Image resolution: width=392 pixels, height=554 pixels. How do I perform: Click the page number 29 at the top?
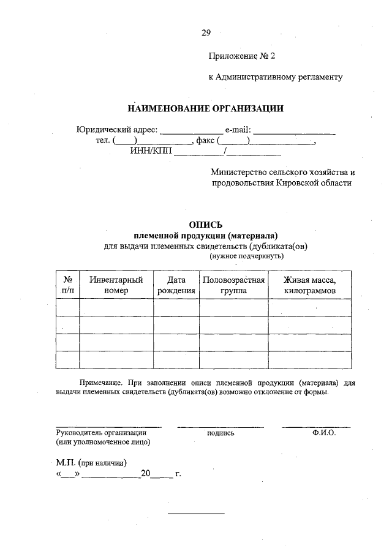[205, 33]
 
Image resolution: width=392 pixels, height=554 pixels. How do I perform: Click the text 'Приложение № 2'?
[242, 56]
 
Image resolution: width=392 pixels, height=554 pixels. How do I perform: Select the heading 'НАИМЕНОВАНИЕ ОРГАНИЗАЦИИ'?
[205, 109]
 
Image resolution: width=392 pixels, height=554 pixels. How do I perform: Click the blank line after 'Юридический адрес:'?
[191, 130]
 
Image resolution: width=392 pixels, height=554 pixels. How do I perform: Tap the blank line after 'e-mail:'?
[295, 130]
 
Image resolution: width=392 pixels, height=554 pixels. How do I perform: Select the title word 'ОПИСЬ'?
[205, 225]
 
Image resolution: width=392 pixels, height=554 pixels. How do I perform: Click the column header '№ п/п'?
[67, 285]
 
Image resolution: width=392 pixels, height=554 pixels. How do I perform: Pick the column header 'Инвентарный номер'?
[116, 285]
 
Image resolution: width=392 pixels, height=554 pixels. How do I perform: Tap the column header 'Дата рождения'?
[176, 285]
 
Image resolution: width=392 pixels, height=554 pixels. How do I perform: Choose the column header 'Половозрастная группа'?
[233, 285]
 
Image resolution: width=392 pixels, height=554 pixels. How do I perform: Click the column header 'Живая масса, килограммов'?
[310, 285]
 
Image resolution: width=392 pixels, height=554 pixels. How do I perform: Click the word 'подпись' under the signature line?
[221, 433]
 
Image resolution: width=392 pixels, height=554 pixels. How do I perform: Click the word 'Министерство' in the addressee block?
[238, 173]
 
